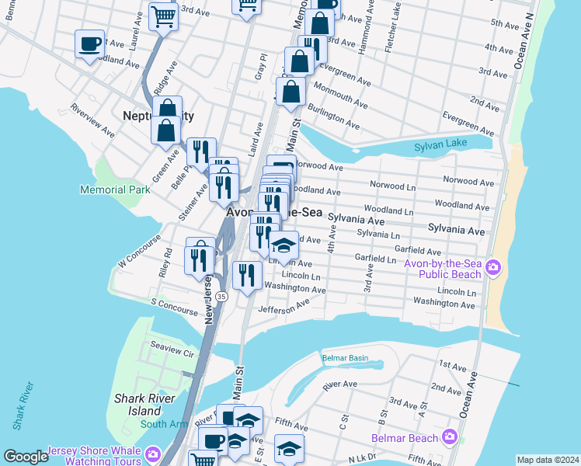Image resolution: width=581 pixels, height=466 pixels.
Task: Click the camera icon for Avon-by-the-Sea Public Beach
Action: click(492, 269)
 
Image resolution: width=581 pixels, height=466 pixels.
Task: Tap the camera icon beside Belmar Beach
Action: click(449, 437)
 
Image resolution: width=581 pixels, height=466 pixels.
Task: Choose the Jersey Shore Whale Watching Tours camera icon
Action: click(153, 453)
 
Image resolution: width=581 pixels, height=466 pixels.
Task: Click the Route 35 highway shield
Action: click(222, 297)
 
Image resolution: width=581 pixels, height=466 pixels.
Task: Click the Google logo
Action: click(26, 457)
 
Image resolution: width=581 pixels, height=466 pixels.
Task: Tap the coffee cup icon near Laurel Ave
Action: click(89, 43)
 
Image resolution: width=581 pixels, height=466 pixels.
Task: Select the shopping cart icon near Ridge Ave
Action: click(164, 16)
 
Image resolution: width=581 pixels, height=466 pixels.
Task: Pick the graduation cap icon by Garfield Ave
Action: click(284, 245)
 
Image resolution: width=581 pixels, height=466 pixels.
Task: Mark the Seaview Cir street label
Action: click(172, 353)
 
